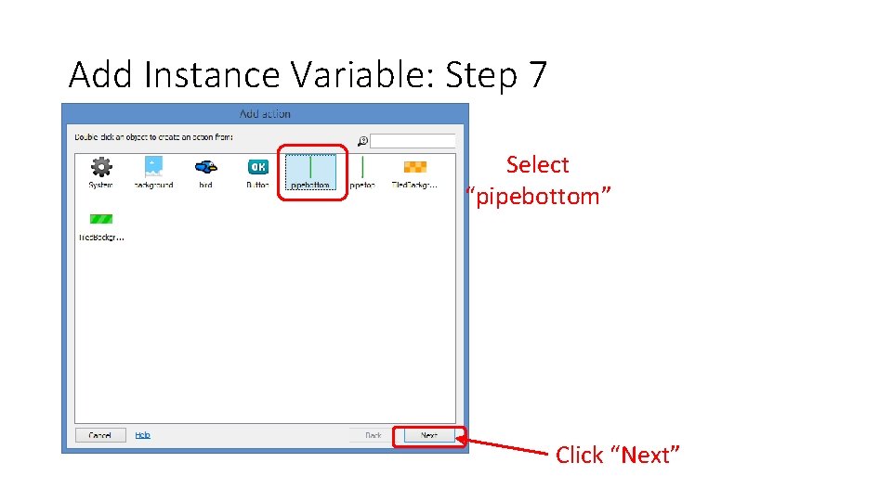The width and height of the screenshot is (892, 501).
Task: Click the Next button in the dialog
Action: [x=428, y=435]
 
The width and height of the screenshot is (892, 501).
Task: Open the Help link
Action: [x=142, y=435]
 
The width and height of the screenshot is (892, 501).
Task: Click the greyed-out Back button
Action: [x=373, y=435]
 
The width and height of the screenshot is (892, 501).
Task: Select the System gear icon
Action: [x=101, y=167]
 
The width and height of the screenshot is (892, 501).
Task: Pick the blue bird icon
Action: [x=205, y=167]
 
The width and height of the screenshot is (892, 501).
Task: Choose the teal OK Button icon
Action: [x=257, y=167]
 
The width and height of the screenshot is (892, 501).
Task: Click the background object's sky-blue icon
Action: [x=153, y=167]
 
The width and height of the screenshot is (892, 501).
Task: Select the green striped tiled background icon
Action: [x=100, y=219]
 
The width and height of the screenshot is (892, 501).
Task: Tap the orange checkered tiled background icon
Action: [x=414, y=167]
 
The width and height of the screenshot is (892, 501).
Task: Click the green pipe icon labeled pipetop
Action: [x=362, y=167]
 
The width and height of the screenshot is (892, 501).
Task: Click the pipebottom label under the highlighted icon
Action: [x=310, y=186]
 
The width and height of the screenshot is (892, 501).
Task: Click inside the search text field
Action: [x=413, y=141]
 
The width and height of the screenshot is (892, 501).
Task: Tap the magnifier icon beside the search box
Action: [x=363, y=141]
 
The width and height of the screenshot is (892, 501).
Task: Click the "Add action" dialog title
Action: [x=265, y=114]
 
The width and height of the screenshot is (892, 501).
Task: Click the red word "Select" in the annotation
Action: [x=537, y=165]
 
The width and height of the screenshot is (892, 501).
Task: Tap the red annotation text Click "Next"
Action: [x=618, y=455]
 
